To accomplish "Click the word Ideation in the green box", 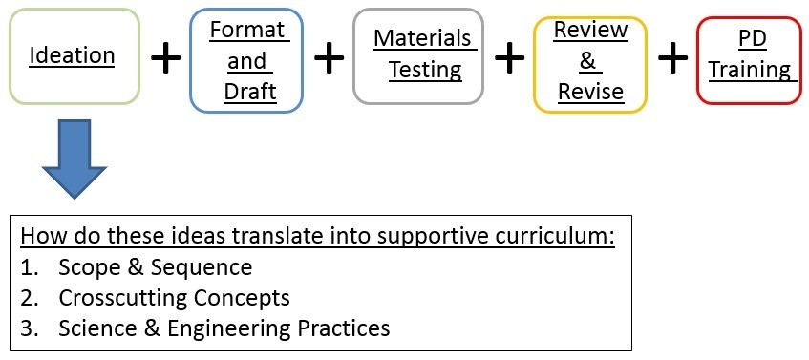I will (72, 55).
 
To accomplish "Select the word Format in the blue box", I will (247, 30).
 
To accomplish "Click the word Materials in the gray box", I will (423, 38).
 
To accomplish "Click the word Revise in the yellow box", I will (591, 91).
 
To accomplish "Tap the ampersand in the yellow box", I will (588, 60).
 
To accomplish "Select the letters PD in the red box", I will (748, 38).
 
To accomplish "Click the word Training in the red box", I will (749, 70).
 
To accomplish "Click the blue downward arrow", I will (75, 159).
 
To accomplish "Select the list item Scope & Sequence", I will (155, 267).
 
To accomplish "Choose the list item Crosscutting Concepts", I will (173, 298).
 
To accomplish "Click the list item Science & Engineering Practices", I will (224, 328).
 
